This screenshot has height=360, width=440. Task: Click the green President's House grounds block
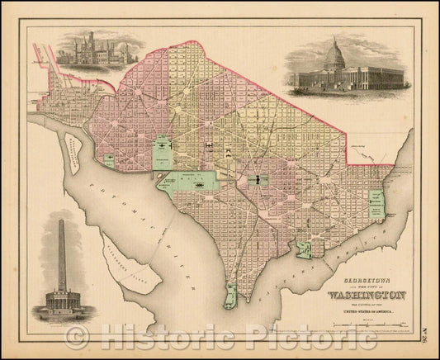[163, 149]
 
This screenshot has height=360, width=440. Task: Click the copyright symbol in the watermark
[77, 336]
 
